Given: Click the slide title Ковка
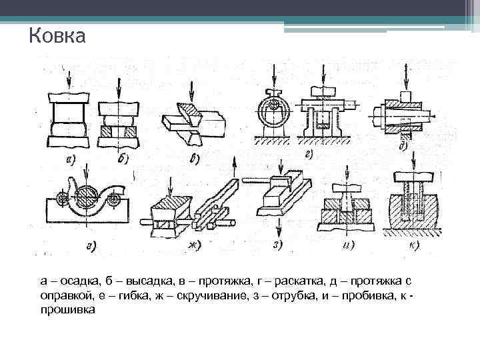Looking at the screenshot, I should click(x=57, y=35).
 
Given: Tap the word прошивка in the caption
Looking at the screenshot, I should click(x=68, y=309).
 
